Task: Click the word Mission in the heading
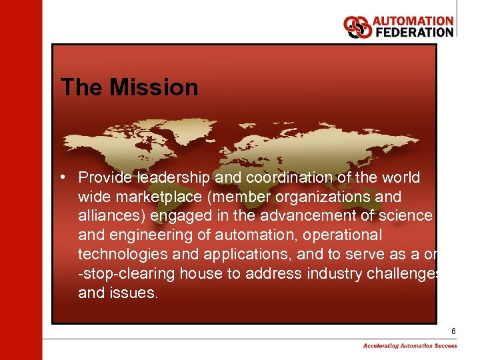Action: point(154,87)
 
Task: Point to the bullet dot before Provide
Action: point(61,178)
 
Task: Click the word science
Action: point(403,216)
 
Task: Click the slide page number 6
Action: point(453,331)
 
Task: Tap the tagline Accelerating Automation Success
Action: point(410,346)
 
